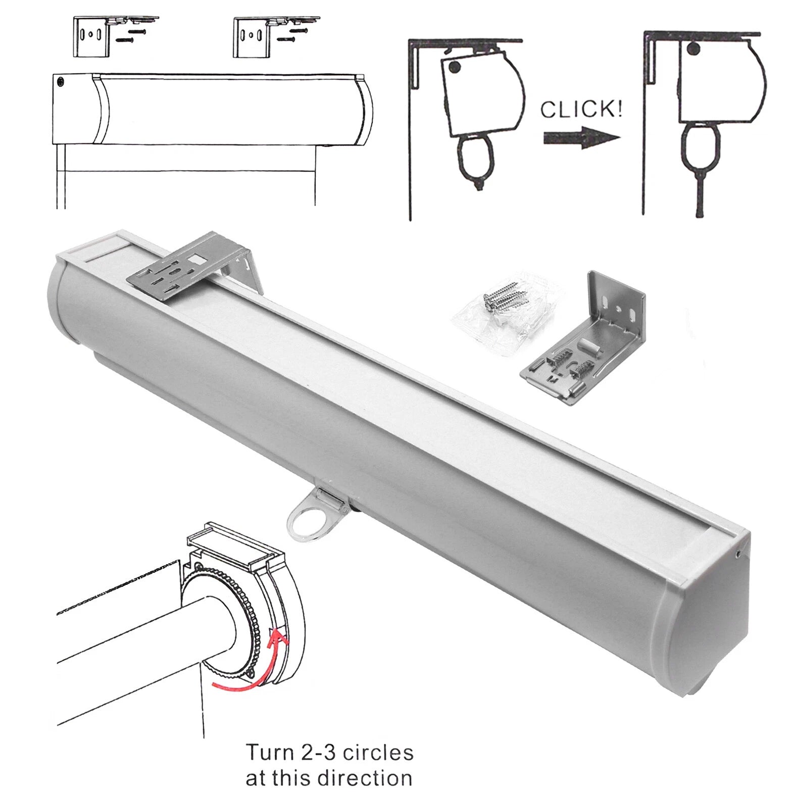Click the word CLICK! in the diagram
point(581,109)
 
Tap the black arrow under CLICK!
point(581,138)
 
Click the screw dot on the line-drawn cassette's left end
point(61,81)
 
